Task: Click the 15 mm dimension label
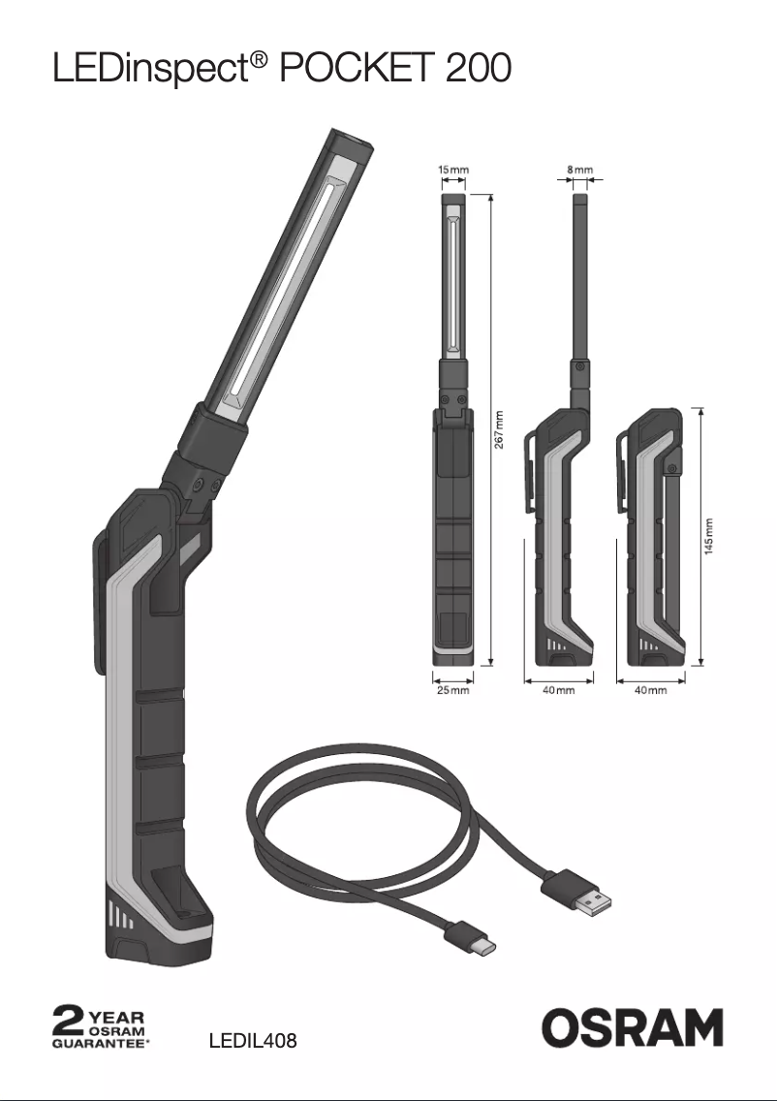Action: [452, 170]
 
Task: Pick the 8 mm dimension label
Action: [580, 170]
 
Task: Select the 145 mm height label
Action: [709, 535]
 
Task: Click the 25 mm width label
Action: [451, 690]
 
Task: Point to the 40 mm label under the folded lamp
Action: [650, 690]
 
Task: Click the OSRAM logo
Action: [632, 1027]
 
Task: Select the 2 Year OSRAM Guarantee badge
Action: [100, 1028]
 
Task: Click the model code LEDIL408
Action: [253, 1042]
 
